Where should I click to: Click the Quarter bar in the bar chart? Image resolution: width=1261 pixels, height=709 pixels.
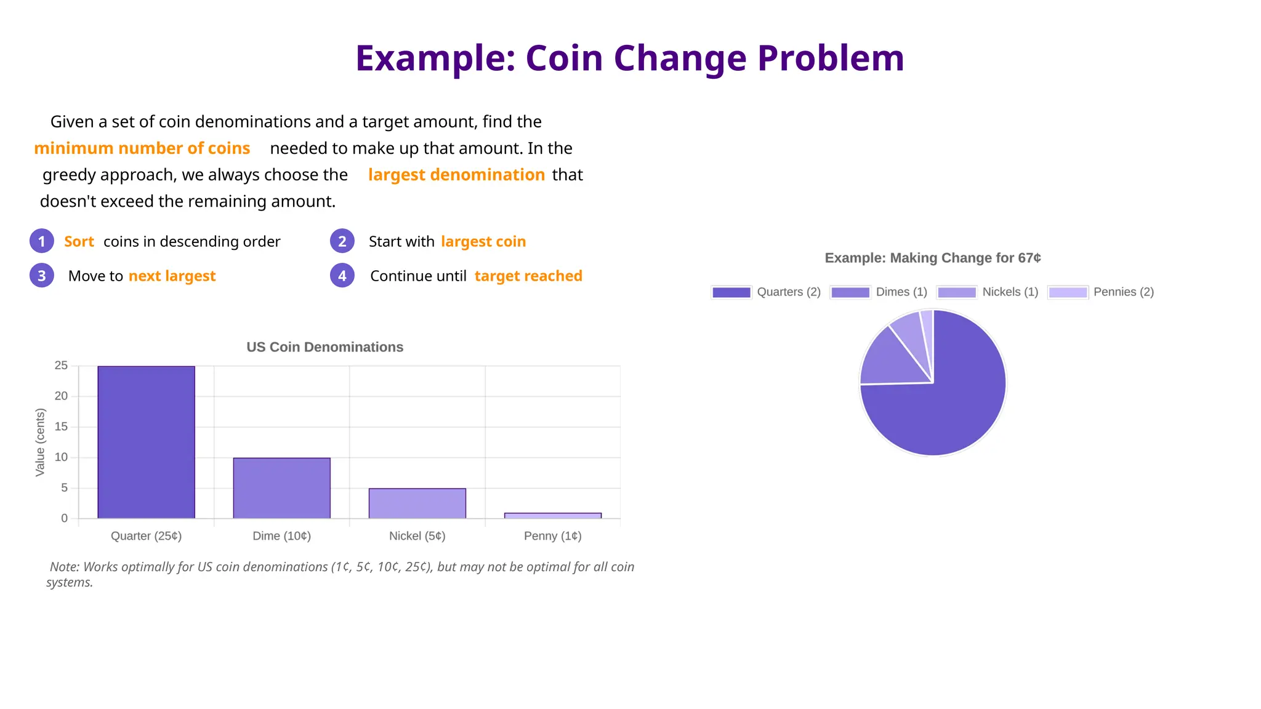point(146,442)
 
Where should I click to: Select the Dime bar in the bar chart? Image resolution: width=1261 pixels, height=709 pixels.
point(281,488)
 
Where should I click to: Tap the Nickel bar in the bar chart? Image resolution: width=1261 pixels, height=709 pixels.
point(417,503)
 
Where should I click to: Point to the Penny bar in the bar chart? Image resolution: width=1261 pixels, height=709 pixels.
point(552,516)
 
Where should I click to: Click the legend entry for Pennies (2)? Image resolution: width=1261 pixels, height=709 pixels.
point(1101,292)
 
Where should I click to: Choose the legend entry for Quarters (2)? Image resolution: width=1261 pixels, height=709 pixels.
point(766,292)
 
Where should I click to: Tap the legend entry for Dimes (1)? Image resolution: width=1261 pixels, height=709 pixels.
point(879,292)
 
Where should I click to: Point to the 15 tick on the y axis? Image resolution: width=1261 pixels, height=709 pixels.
point(61,427)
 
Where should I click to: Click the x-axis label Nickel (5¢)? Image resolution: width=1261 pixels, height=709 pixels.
point(417,536)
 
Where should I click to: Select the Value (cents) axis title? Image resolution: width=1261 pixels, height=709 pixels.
point(40,442)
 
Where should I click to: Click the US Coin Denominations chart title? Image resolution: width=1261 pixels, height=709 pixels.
point(324,347)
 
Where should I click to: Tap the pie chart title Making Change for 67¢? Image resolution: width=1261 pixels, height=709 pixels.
point(932,258)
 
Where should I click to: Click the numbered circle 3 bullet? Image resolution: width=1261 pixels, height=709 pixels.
point(41,276)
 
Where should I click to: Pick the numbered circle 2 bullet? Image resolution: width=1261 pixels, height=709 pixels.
point(342,241)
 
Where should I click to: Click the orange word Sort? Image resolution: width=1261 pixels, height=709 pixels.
point(79,241)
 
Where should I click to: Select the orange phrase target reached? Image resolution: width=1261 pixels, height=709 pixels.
point(528,276)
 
